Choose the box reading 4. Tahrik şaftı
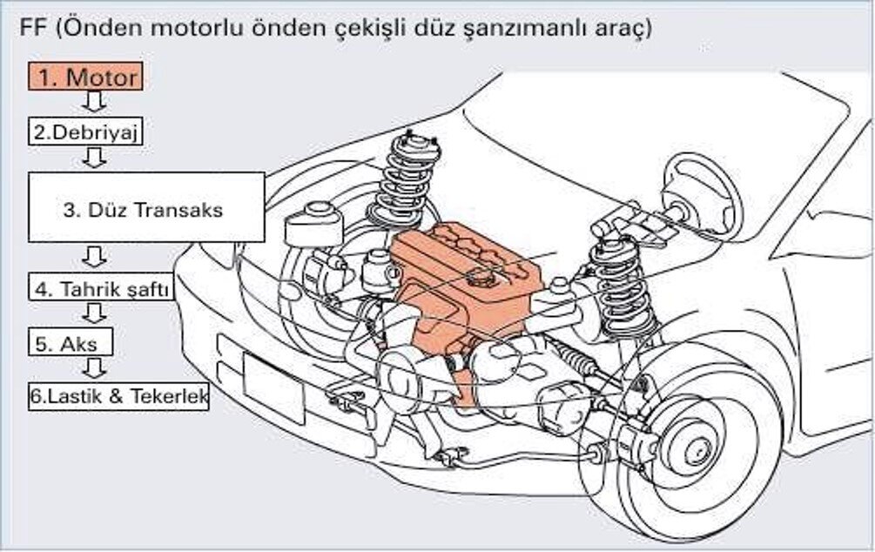(101, 290)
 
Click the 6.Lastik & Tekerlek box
(118, 397)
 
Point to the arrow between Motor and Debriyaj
(94, 103)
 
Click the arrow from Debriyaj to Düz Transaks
(94, 157)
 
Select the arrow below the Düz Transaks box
(94, 258)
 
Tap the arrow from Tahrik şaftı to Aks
(94, 313)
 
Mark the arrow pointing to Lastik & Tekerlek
(94, 367)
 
